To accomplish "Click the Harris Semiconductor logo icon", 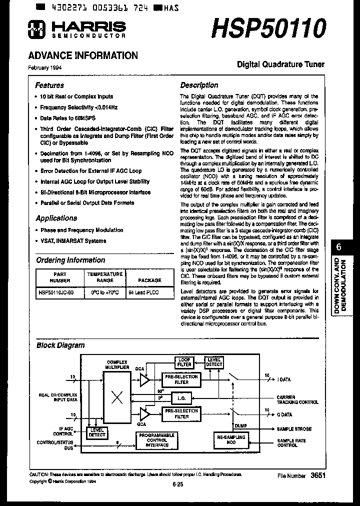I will [x=36, y=30].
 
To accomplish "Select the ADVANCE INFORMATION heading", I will [x=82, y=56].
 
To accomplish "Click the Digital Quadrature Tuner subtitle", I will [x=280, y=64].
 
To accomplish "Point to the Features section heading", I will [x=49, y=85].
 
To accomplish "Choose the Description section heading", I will [x=199, y=85].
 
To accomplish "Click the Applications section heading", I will [x=56, y=218].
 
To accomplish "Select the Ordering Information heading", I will [x=70, y=260].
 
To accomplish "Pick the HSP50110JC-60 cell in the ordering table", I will [x=56, y=292].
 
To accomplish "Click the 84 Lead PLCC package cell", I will [x=143, y=292].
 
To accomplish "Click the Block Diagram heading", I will [x=60, y=345].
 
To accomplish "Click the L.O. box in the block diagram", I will [x=181, y=398].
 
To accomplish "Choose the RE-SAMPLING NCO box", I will [x=231, y=439].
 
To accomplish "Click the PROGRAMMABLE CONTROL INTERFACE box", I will [x=157, y=440].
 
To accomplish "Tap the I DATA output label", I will [x=284, y=379].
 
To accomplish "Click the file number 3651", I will [x=318, y=475].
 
